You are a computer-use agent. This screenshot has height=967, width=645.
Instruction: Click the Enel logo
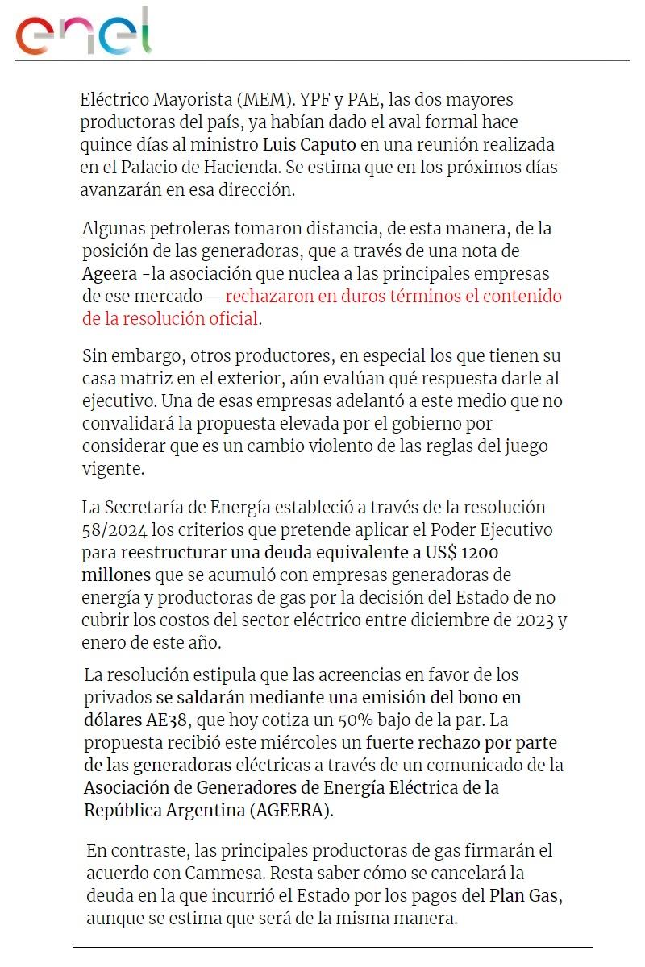click(x=84, y=32)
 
